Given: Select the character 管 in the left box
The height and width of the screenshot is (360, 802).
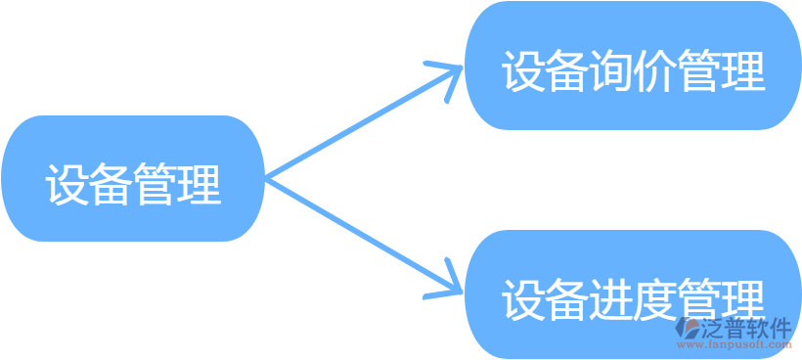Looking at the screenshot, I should point(156,183).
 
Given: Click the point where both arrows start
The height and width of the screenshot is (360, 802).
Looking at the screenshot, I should point(267,179).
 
